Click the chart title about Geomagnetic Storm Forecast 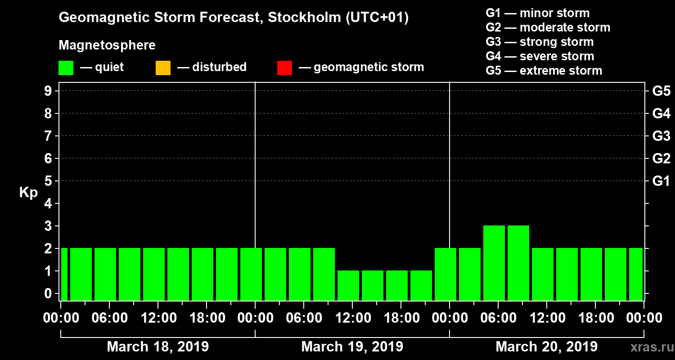pyautogui.click(x=234, y=18)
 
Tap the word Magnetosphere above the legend pyautogui.click(x=107, y=45)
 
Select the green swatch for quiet pyautogui.click(x=66, y=68)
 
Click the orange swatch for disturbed pyautogui.click(x=163, y=68)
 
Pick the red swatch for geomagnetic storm pyautogui.click(x=284, y=68)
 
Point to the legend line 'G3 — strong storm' pyautogui.click(x=540, y=42)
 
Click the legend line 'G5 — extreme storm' pyautogui.click(x=544, y=71)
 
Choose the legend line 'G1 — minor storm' pyautogui.click(x=537, y=13)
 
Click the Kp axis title pyautogui.click(x=28, y=193)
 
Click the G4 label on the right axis pyautogui.click(x=661, y=113)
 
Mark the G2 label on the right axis pyautogui.click(x=661, y=158)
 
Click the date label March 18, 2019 pyautogui.click(x=157, y=347)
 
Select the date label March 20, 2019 pyautogui.click(x=546, y=347)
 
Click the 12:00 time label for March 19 pyautogui.click(x=352, y=318)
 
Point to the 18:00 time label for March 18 pyautogui.click(x=207, y=318)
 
